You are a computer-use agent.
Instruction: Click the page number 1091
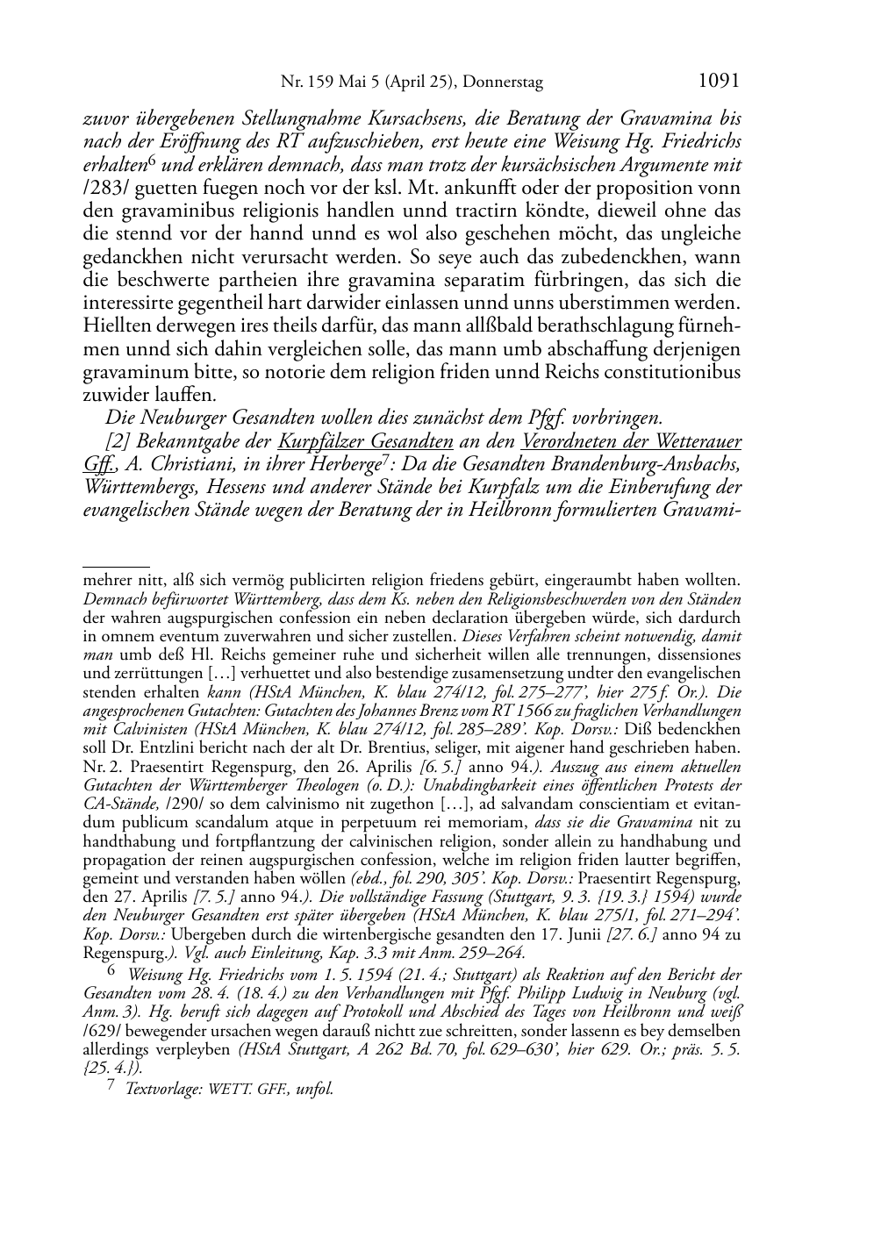pos(719,81)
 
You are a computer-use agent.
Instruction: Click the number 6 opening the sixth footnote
pos(111,971)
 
